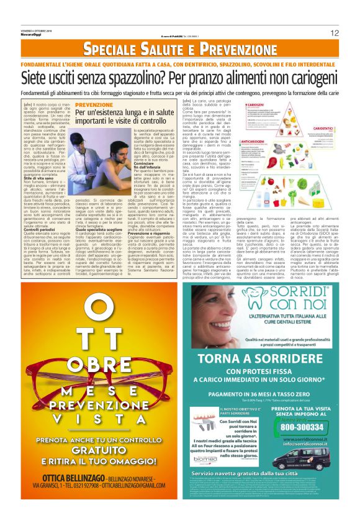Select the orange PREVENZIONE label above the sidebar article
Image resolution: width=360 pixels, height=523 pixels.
[94, 105]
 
